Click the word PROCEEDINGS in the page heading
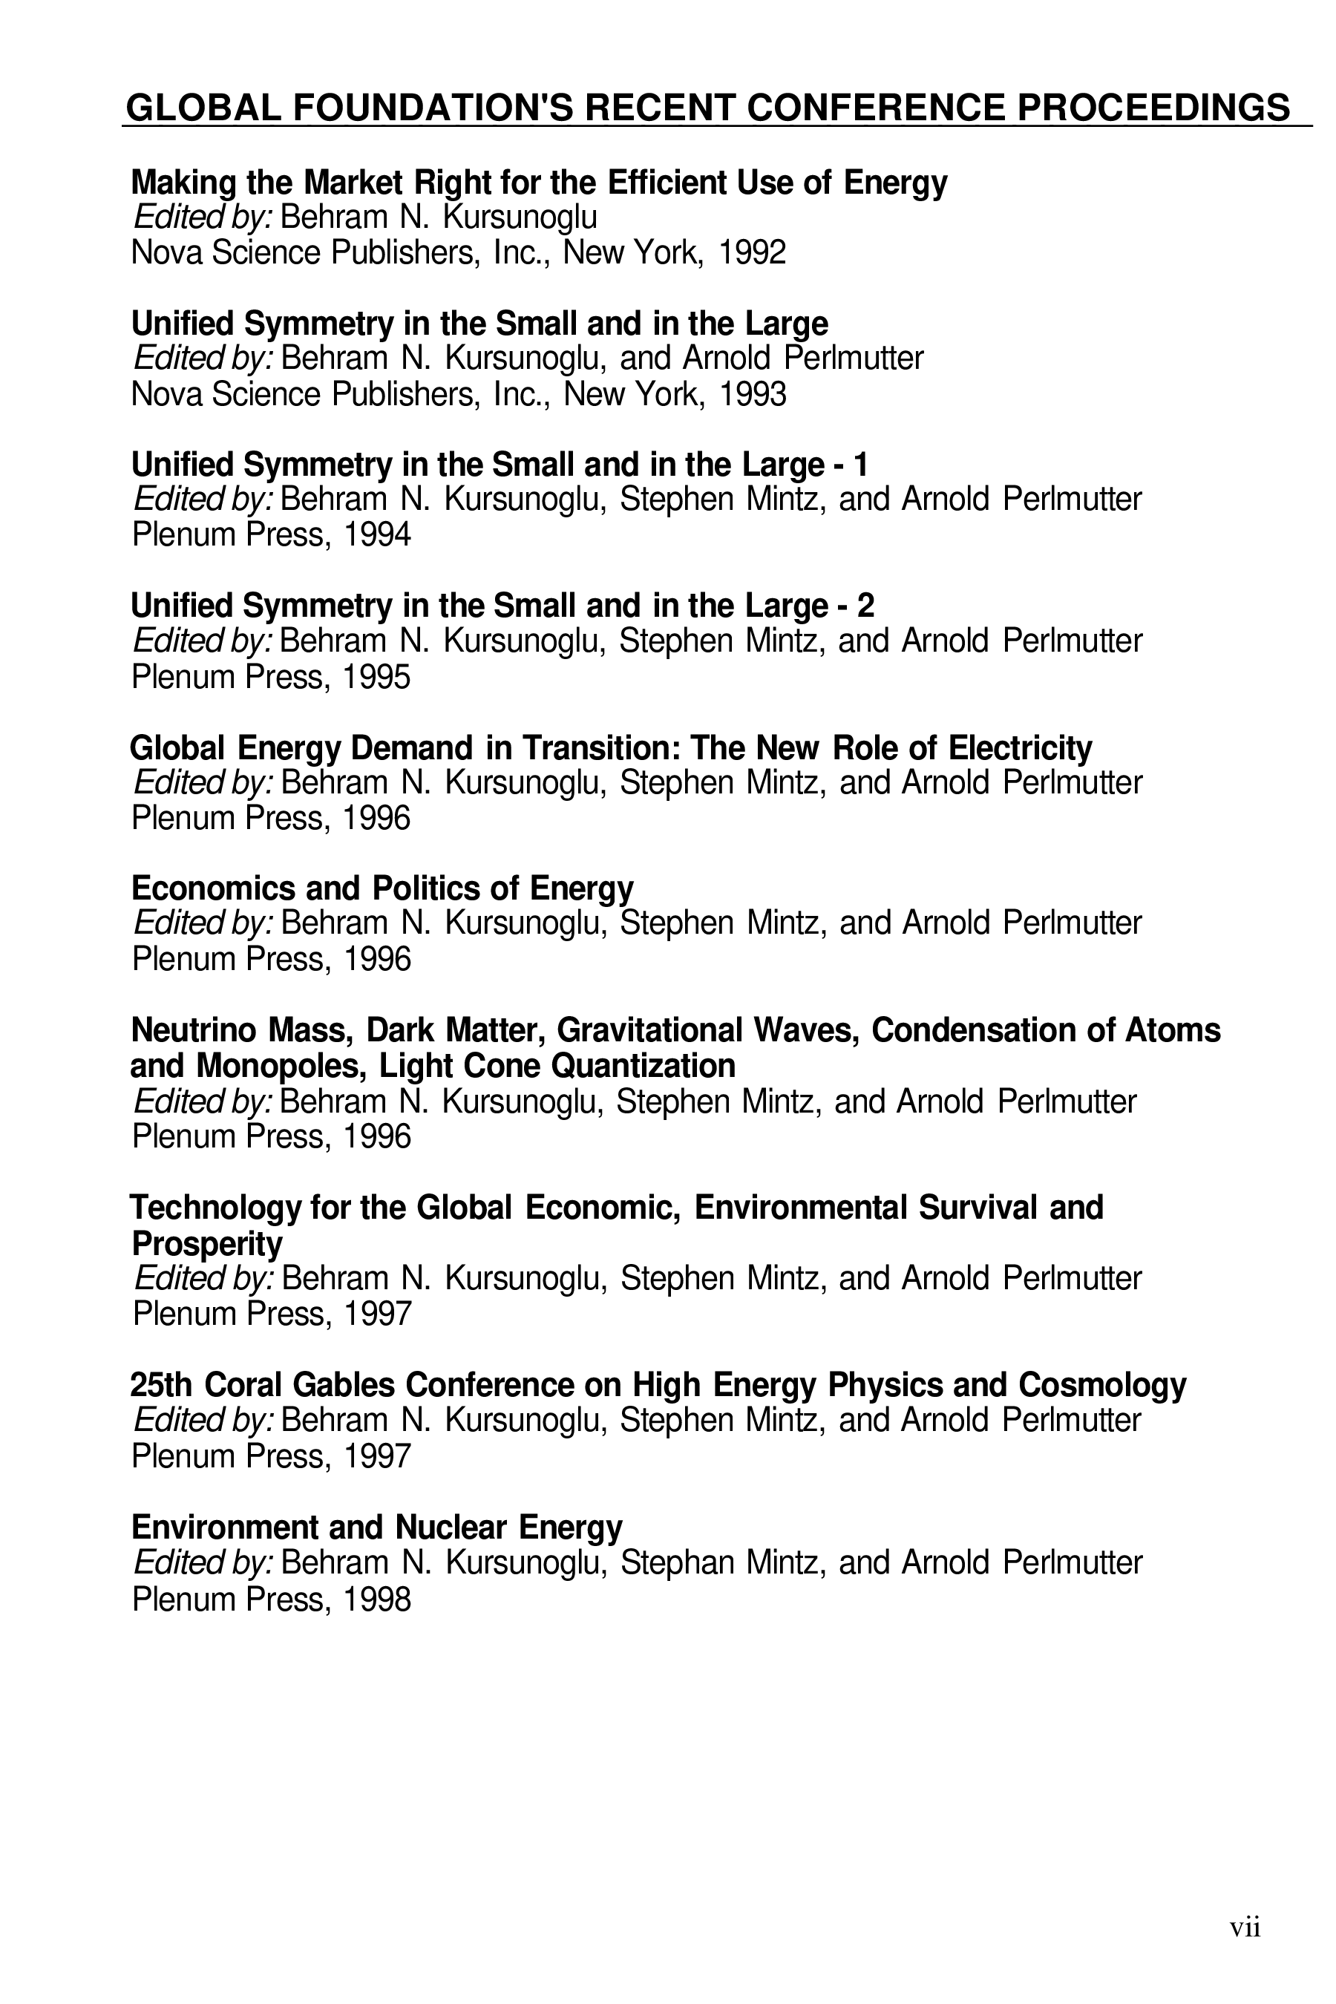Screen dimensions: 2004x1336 [x=1153, y=108]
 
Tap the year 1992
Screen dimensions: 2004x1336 [x=751, y=253]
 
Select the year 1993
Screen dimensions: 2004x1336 [x=751, y=395]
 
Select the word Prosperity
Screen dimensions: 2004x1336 [x=207, y=1244]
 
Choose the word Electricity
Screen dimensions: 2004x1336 [x=1020, y=747]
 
